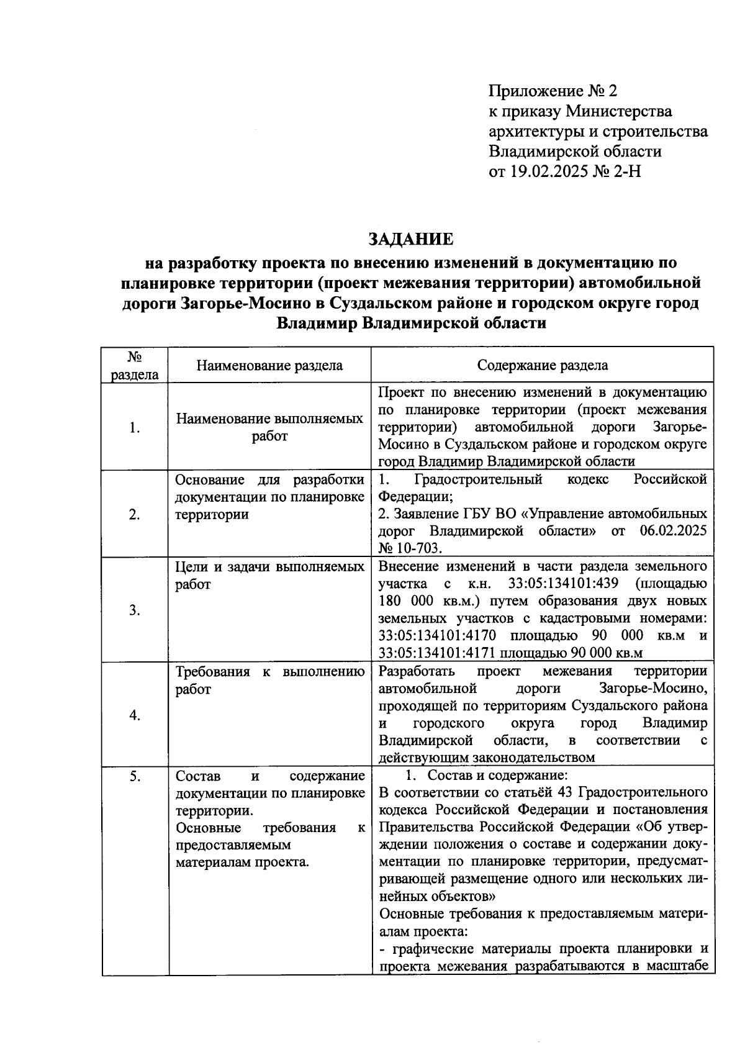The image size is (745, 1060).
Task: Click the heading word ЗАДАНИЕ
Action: pyautogui.click(x=411, y=238)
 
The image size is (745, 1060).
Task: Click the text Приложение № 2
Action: pyautogui.click(x=553, y=91)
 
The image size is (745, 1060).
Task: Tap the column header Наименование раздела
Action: pyautogui.click(x=269, y=365)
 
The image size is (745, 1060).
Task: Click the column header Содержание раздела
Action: pyautogui.click(x=543, y=365)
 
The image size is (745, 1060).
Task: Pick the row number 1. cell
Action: pyautogui.click(x=135, y=428)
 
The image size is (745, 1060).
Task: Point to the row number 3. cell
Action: pyautogui.click(x=135, y=610)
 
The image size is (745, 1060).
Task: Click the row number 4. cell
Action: pyautogui.click(x=135, y=715)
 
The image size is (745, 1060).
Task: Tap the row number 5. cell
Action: pyautogui.click(x=135, y=776)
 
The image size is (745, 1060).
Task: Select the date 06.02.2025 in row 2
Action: pyautogui.click(x=672, y=532)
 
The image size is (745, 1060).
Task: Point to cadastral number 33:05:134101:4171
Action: pyautogui.click(x=437, y=653)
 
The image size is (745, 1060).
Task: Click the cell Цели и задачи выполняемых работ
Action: pyautogui.click(x=269, y=576)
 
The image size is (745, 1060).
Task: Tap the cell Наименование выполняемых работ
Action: pyautogui.click(x=269, y=427)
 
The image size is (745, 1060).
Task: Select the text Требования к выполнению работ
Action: pyautogui.click(x=269, y=681)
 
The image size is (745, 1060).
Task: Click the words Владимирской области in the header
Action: pyautogui.click(x=575, y=152)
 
